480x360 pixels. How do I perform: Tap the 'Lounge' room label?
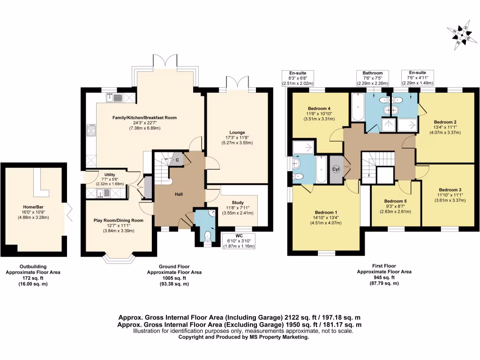[x=238, y=132]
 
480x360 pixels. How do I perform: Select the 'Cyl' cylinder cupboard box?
[x=336, y=169]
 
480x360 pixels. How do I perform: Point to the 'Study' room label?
[x=237, y=202]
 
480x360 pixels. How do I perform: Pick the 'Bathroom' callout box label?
[x=373, y=73]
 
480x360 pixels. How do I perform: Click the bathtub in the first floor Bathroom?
[x=357, y=109]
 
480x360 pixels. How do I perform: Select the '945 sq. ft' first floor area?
[x=384, y=277]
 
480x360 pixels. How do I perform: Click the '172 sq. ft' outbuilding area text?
[x=32, y=278]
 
